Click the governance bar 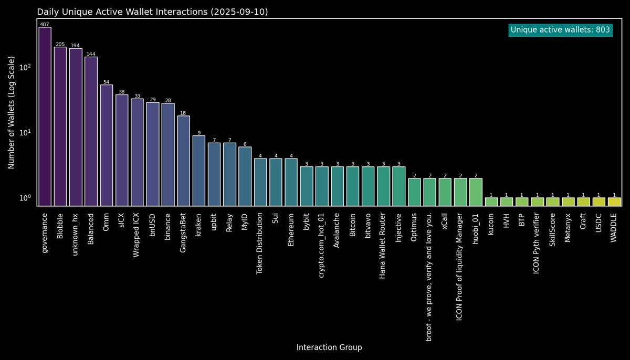(x=45, y=117)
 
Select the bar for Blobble (x=60, y=126)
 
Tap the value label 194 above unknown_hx (x=75, y=46)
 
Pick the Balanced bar (x=91, y=131)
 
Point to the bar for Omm (x=107, y=145)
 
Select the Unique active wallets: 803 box (x=560, y=30)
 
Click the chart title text (x=152, y=12)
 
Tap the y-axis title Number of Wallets (x=11, y=113)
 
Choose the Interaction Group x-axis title (x=329, y=347)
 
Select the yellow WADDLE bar (x=614, y=202)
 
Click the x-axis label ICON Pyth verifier (x=537, y=237)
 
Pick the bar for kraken (x=199, y=171)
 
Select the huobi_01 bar (x=476, y=192)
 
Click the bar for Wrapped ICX (x=137, y=152)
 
